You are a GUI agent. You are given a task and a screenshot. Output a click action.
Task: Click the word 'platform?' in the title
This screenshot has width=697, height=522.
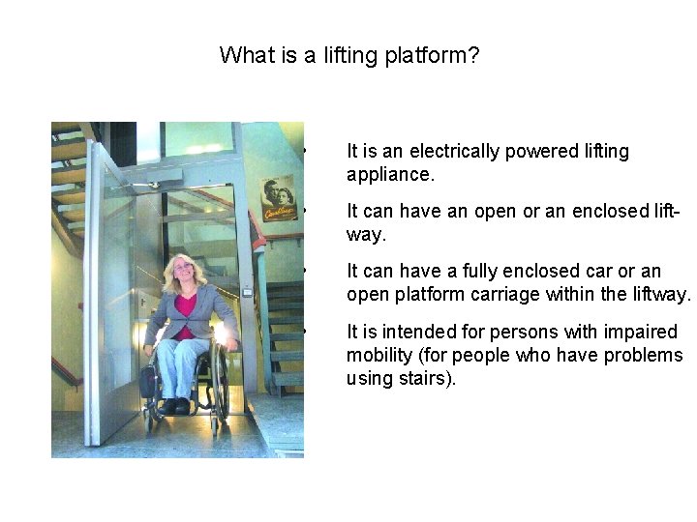432,55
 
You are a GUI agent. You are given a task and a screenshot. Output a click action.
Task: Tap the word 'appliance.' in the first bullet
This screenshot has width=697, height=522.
390,176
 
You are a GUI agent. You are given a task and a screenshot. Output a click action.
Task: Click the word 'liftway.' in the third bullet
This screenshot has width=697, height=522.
657,294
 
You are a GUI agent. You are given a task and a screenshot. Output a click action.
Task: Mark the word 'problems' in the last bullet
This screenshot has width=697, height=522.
643,355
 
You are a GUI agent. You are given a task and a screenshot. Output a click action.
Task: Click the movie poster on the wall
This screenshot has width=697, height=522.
279,198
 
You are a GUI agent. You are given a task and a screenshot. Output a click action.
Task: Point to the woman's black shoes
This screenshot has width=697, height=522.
174,406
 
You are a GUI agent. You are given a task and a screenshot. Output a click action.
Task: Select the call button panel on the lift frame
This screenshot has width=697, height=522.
248,288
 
